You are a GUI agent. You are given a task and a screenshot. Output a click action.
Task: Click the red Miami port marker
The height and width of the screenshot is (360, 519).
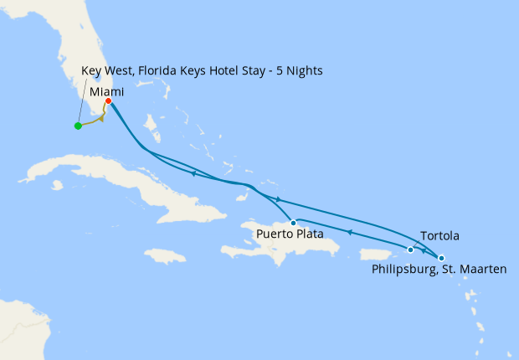109,101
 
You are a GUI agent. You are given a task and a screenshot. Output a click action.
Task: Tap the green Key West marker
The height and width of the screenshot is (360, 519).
78,126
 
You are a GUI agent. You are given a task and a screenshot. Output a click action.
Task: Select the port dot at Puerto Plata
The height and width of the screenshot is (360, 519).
293,223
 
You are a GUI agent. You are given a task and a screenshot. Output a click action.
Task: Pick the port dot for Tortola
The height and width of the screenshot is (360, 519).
410,249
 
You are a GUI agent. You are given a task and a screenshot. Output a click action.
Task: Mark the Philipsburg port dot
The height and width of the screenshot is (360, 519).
441,258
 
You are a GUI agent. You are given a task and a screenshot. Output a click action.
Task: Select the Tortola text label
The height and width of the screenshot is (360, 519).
439,237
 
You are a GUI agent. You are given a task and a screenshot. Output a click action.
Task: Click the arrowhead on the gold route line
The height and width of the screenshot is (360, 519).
101,118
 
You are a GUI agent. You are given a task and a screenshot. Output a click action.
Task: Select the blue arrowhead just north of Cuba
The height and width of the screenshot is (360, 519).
193,173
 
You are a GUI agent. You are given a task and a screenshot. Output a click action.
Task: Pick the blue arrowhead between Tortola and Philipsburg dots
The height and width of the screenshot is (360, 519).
424,251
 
